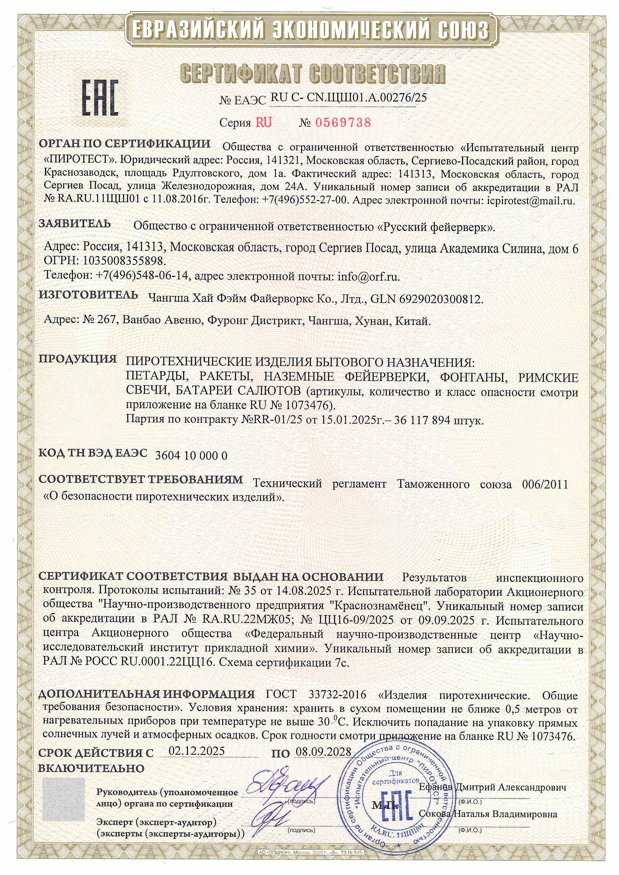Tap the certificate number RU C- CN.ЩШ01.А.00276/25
(348, 98)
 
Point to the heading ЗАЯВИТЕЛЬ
(75, 224)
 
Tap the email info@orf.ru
(369, 276)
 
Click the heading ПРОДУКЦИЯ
(78, 359)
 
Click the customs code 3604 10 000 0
(191, 456)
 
